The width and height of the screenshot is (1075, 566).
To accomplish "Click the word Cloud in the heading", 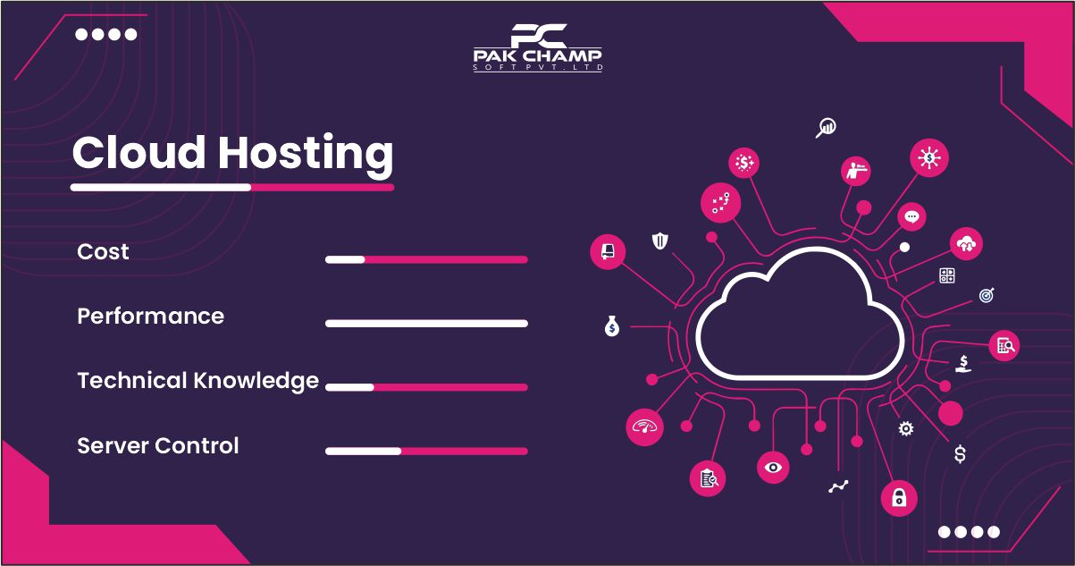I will click(x=139, y=153).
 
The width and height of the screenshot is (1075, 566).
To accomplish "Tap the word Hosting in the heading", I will click(x=306, y=155).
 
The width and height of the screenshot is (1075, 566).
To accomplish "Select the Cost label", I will click(x=103, y=252).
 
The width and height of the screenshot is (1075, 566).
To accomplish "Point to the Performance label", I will click(x=150, y=317).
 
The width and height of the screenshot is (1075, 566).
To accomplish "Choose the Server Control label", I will click(x=157, y=445).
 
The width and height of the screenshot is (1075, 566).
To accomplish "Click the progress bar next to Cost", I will click(x=426, y=259).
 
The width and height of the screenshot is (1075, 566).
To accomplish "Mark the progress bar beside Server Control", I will click(x=426, y=452).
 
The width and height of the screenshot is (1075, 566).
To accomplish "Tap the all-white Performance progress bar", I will click(x=426, y=324).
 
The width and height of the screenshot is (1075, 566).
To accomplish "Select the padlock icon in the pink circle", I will click(x=899, y=498).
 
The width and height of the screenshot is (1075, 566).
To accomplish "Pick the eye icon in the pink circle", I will click(x=773, y=467).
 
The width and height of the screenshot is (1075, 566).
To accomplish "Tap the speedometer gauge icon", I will click(x=644, y=426).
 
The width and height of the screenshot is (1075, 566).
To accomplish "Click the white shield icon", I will click(x=659, y=241).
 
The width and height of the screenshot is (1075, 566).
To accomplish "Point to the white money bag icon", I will click(x=611, y=327).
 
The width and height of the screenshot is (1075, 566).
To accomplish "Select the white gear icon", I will click(x=906, y=429).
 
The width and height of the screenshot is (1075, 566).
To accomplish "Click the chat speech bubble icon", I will click(x=911, y=216).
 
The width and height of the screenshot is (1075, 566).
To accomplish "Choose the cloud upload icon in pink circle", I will click(x=967, y=242).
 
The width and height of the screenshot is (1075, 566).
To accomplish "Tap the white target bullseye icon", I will click(x=987, y=294).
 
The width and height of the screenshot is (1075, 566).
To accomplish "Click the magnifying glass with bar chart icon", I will click(x=827, y=128).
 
